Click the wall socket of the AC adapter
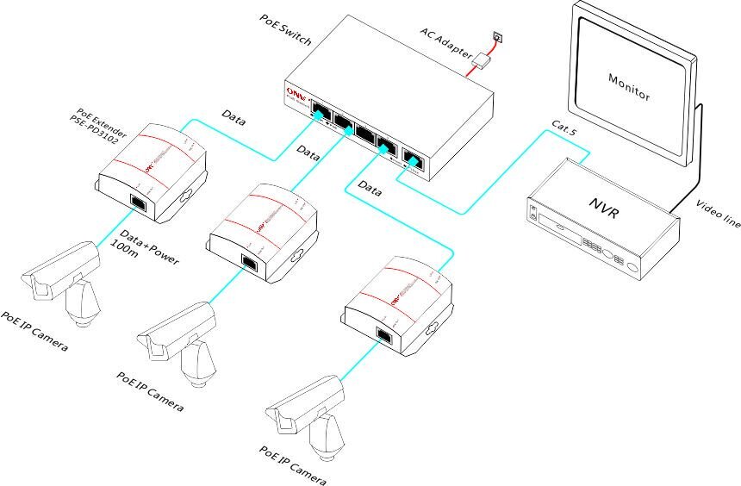[x=497, y=36]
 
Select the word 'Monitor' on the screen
[x=628, y=87]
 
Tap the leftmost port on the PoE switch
[x=320, y=111]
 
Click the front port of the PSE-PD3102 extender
[x=137, y=202]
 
